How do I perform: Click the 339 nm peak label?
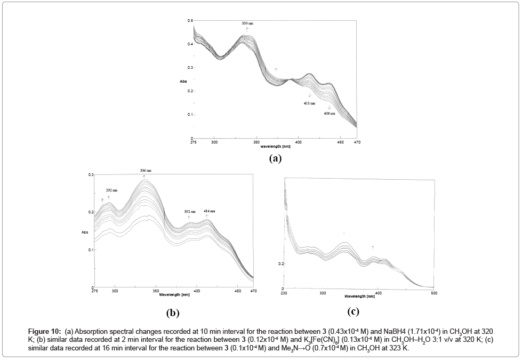point(247,24)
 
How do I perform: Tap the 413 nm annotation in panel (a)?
point(309,103)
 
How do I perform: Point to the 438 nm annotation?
point(329,114)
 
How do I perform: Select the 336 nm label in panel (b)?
point(145,171)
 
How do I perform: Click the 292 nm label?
point(111,190)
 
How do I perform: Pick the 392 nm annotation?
point(190,212)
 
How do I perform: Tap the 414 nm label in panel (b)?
point(209,211)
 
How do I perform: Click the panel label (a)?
point(275,158)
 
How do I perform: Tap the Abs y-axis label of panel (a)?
point(183,82)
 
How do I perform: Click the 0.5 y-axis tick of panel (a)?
point(189,21)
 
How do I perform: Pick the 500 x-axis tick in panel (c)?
point(434,293)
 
